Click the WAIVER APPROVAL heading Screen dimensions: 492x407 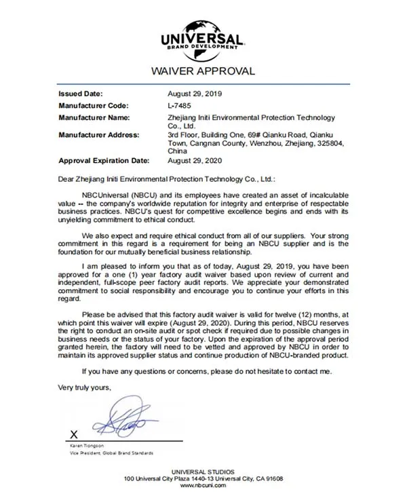coord(203,71)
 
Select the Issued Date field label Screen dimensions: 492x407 coord(81,94)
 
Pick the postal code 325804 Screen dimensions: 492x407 coord(329,144)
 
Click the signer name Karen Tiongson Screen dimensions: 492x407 coord(89,446)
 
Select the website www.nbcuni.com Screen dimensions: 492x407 coord(203,485)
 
